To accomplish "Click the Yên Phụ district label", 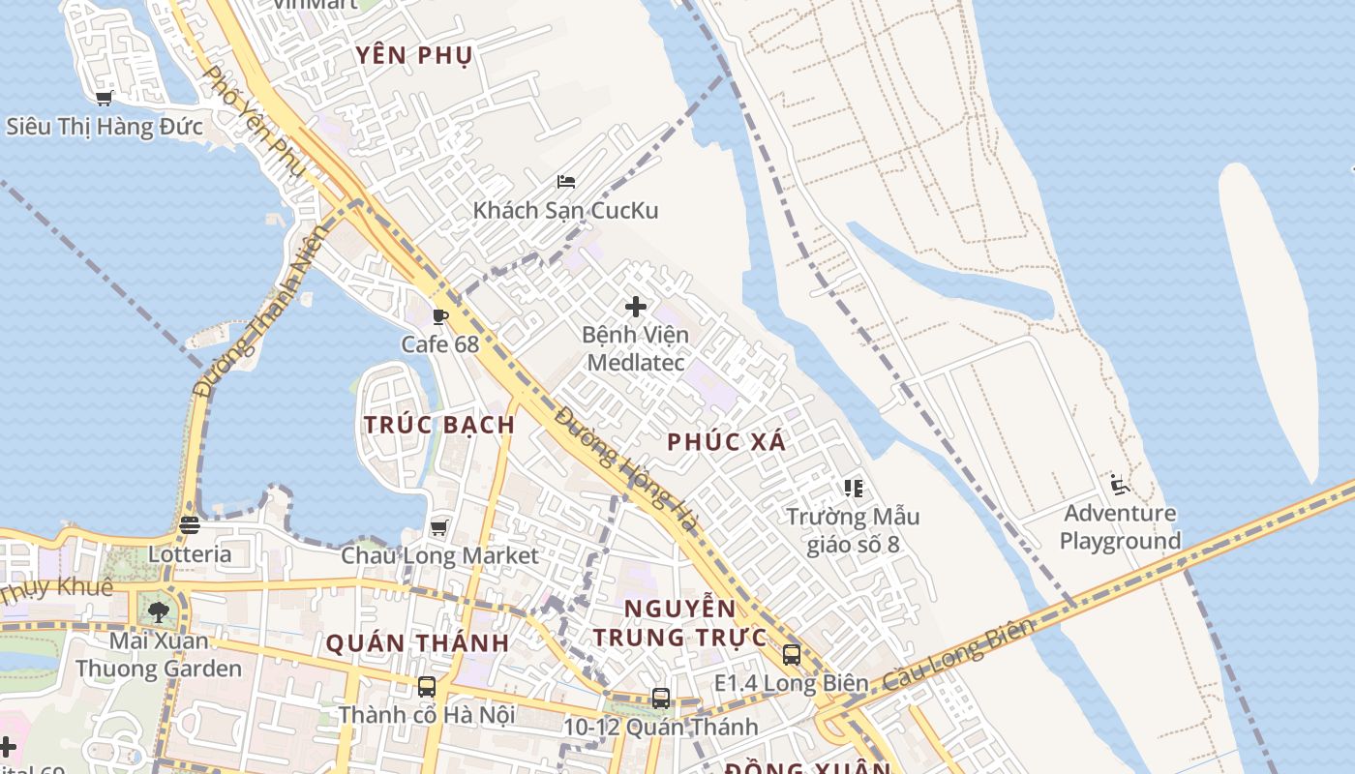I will click(x=414, y=55).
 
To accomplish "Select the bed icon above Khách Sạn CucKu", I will click(x=566, y=181).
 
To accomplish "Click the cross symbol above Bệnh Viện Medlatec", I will click(x=636, y=307).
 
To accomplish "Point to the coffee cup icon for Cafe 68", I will click(x=440, y=315).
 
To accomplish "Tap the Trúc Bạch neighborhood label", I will click(x=439, y=425).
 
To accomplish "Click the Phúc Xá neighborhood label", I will click(x=727, y=442).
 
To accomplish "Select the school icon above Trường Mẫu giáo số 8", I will click(x=853, y=488).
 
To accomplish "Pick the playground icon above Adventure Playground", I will click(x=1120, y=485).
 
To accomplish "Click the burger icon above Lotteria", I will click(x=189, y=525).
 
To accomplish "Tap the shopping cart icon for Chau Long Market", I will click(x=439, y=527).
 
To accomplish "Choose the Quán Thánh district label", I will click(x=417, y=642).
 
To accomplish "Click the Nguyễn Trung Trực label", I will click(x=680, y=623).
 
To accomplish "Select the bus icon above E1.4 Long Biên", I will click(x=792, y=654).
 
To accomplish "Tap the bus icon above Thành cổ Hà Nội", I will click(x=426, y=687).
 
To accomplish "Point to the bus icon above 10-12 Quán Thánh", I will click(x=661, y=698).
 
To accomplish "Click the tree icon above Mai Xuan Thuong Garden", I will click(x=159, y=611).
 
